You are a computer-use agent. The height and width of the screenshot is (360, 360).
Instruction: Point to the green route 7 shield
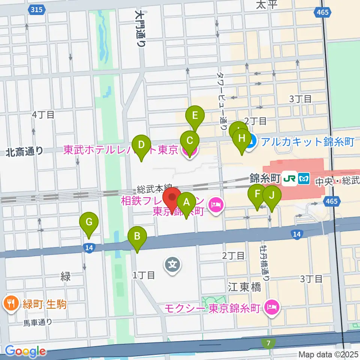[269, 343]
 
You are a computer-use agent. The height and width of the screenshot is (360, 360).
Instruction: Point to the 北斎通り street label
[24, 151]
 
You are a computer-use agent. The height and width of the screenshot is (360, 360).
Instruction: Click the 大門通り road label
[140, 28]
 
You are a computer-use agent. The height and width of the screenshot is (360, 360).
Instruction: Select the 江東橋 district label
[244, 287]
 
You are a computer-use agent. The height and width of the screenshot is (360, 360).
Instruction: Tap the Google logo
[25, 351]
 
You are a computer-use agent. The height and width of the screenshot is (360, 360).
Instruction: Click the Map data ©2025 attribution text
[328, 354]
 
